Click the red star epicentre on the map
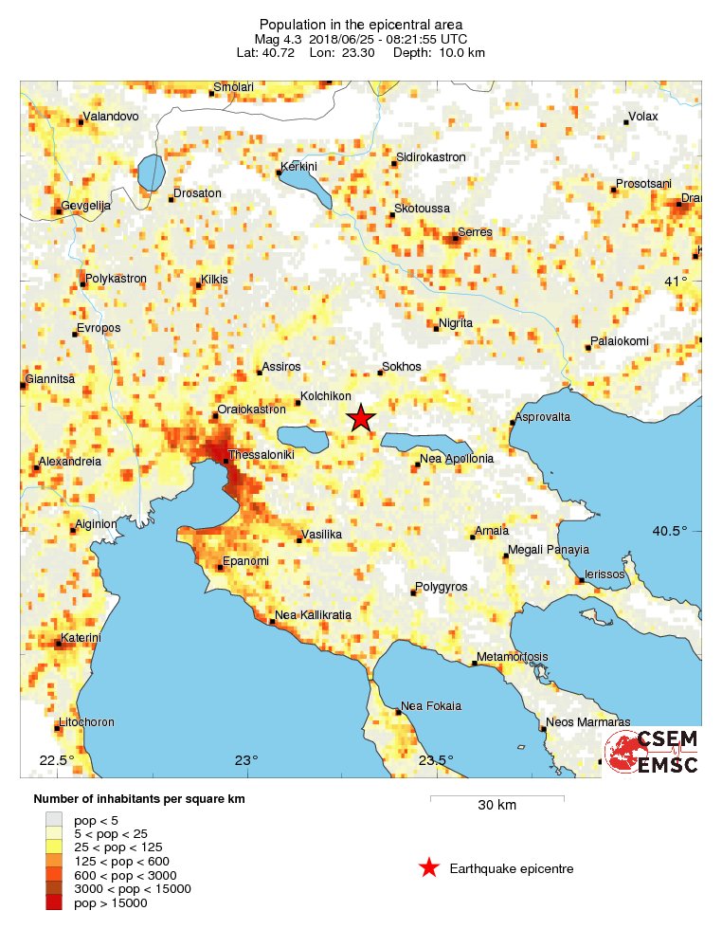(x=360, y=418)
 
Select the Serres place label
(x=475, y=232)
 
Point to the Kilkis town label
(x=214, y=282)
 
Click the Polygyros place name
(x=442, y=588)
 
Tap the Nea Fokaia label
(x=431, y=706)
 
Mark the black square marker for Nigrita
(x=435, y=329)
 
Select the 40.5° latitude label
(x=669, y=531)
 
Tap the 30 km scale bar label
(x=496, y=807)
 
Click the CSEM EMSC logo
(x=653, y=752)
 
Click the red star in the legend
(x=429, y=868)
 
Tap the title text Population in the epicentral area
(x=360, y=24)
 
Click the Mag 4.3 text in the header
(x=276, y=39)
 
